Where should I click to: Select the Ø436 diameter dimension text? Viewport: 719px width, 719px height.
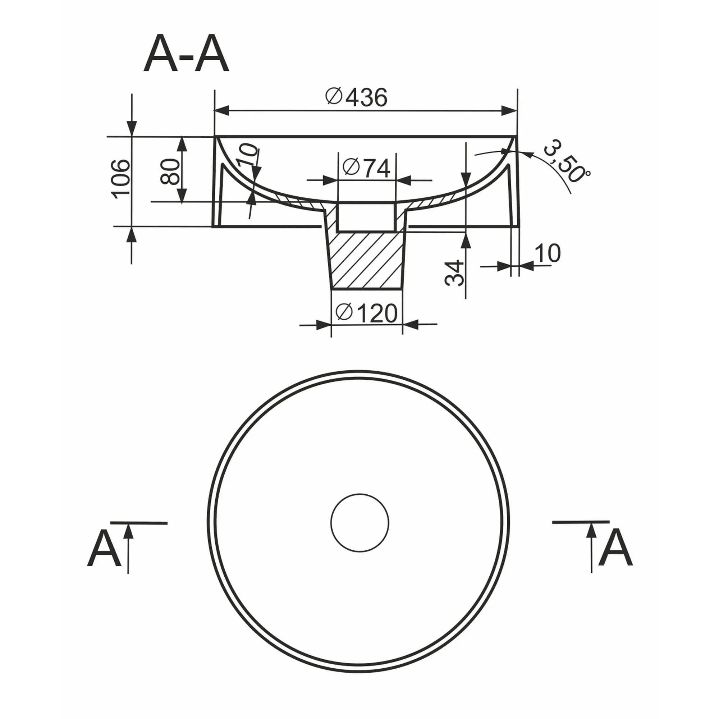pos(356,97)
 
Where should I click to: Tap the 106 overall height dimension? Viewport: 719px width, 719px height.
pos(122,179)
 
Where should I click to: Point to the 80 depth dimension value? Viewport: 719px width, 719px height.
pos(169,171)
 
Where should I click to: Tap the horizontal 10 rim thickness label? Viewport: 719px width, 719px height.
pos(548,253)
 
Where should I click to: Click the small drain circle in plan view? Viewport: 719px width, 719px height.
pos(359,523)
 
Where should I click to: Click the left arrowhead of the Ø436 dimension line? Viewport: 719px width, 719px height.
pos(221,110)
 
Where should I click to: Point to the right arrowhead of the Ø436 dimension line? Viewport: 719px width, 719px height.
pos(509,110)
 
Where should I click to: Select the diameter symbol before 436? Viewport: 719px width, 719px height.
pos(334,96)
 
